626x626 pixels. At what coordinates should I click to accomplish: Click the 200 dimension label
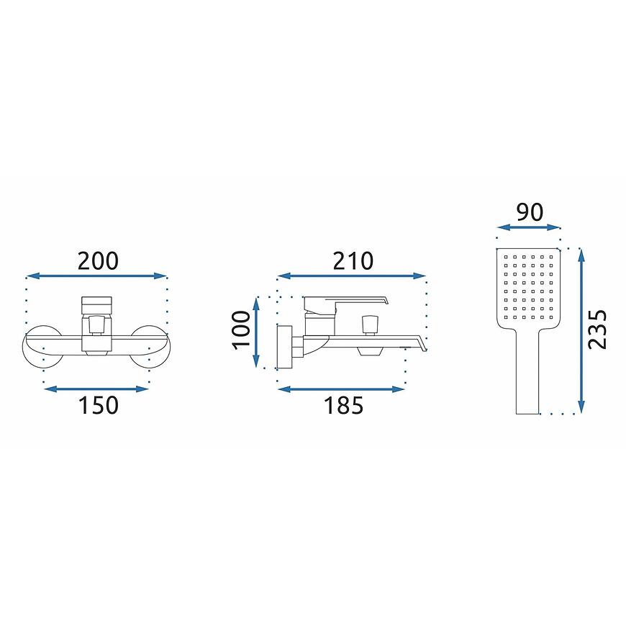[x=98, y=261]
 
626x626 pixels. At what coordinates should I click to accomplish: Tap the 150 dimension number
[x=98, y=405]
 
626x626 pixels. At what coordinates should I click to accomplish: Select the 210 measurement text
[x=353, y=261]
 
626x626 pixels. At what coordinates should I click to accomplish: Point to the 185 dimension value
[x=343, y=405]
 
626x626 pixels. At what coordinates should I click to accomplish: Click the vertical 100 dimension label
[x=242, y=330]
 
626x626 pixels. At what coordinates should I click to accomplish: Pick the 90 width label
[x=530, y=212]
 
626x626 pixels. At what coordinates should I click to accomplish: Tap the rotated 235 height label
[x=597, y=330]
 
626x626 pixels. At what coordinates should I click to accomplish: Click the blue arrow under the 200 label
[x=96, y=276]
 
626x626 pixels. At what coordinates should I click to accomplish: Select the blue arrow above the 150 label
[x=96, y=389]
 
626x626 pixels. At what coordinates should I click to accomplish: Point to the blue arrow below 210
[x=352, y=276]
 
